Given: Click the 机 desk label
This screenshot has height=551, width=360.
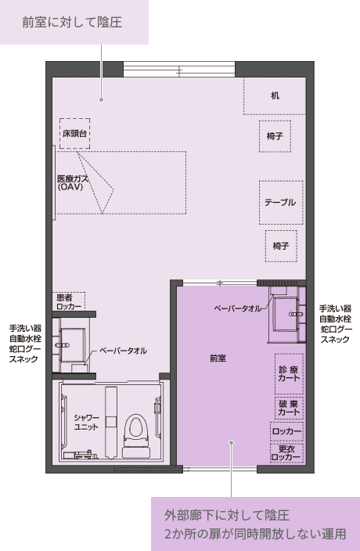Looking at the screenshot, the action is (x=275, y=95).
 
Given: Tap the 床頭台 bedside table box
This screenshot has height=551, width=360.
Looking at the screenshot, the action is (x=74, y=134).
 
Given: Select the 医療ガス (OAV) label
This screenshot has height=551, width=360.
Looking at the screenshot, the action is (x=73, y=182).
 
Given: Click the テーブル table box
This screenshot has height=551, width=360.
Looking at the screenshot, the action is (x=281, y=203).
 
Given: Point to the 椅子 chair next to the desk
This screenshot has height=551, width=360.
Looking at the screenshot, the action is (x=275, y=136).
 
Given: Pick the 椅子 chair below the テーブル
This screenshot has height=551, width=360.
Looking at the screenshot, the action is (x=281, y=246).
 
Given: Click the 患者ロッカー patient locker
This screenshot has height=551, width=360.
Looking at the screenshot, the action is (x=69, y=301).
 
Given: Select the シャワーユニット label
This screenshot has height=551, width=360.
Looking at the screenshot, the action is (x=86, y=422).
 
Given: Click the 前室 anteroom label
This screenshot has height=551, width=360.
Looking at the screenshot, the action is (x=218, y=358).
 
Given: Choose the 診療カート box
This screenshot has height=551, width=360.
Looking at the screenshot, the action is (x=289, y=373).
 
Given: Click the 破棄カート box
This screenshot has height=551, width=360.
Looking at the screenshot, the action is (x=289, y=408).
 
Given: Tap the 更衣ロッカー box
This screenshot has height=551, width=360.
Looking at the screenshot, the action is (x=286, y=453).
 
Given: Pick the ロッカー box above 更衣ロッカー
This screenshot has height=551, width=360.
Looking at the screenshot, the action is (x=286, y=431).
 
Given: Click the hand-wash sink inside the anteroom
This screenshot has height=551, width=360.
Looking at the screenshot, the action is (x=286, y=314).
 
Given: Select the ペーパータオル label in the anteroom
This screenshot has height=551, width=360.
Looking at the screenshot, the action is (x=238, y=308).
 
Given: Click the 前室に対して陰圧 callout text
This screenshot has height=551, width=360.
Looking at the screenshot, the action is (x=72, y=22).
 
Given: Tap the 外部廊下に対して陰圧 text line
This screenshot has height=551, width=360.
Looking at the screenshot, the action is (x=227, y=515).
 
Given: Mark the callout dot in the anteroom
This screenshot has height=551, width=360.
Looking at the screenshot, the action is (x=231, y=442).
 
